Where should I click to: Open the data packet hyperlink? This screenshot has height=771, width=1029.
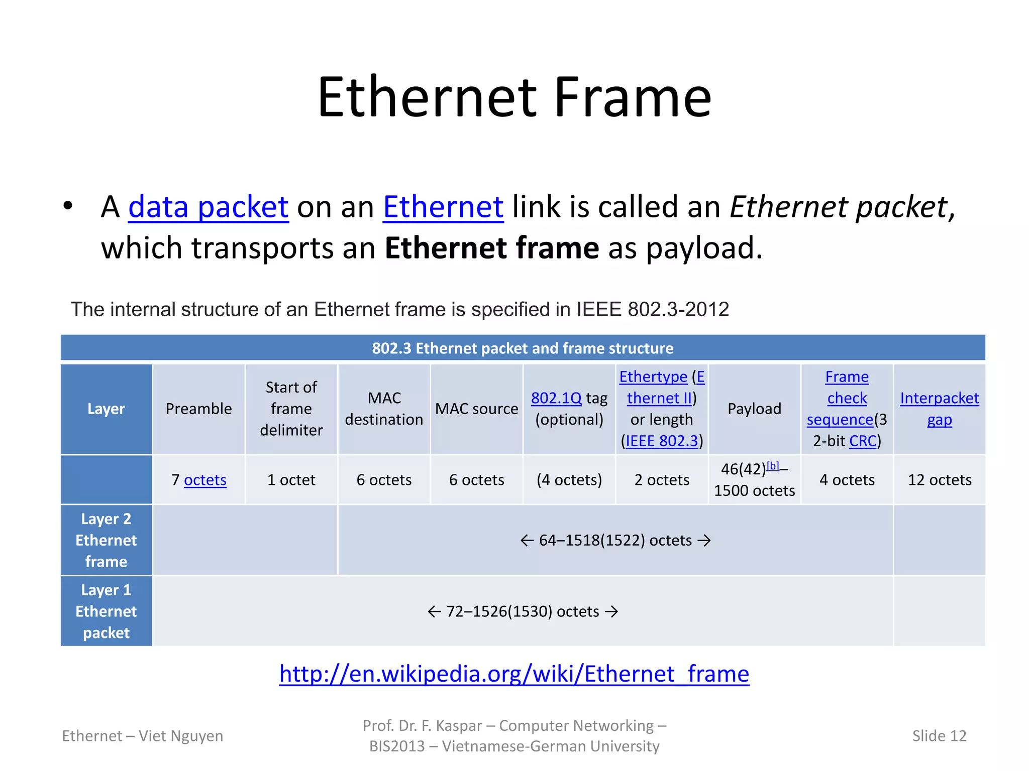click(x=208, y=207)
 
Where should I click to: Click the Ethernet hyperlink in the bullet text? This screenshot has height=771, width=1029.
click(x=443, y=207)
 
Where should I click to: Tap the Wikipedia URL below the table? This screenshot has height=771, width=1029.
click(x=514, y=674)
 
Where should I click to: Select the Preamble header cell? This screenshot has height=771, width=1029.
click(x=198, y=409)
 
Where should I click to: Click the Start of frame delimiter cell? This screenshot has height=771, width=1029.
click(x=291, y=409)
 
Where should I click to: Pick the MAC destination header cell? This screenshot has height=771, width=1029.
click(x=384, y=409)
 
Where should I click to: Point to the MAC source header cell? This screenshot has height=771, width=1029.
click(x=476, y=409)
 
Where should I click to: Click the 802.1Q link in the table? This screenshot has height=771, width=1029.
click(x=556, y=398)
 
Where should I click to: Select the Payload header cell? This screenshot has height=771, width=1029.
click(x=754, y=409)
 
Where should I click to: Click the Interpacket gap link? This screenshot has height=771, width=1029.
click(x=939, y=408)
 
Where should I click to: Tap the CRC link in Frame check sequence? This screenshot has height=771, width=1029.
click(x=863, y=441)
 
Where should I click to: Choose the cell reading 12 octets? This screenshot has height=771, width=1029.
click(x=939, y=480)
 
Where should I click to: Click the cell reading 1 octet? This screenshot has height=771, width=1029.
click(x=291, y=480)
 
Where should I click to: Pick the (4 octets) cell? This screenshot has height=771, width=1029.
click(x=569, y=480)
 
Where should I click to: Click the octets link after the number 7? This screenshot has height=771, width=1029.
click(x=205, y=480)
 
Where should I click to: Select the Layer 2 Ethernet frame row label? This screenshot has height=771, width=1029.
click(x=106, y=540)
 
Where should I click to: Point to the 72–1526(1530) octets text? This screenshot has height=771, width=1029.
click(x=523, y=611)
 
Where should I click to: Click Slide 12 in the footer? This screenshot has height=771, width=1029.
click(x=939, y=736)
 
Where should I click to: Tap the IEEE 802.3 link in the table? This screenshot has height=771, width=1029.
click(x=662, y=441)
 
